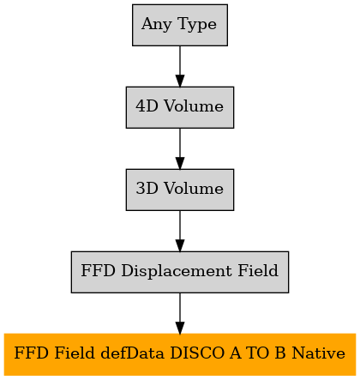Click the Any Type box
pyautogui.click(x=180, y=25)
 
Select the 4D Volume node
pyautogui.click(x=180, y=107)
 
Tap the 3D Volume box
pyautogui.click(x=180, y=190)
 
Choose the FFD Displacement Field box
pyautogui.click(x=180, y=272)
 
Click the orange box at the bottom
pyautogui.click(x=180, y=354)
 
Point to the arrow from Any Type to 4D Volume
pyautogui.click(x=180, y=66)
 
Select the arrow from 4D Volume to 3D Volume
pyautogui.click(x=180, y=148)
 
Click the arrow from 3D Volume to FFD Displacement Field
pyautogui.click(x=180, y=231)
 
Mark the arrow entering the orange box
pyautogui.click(x=180, y=313)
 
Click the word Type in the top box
pyautogui.click(x=197, y=25)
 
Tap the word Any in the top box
pyautogui.click(x=157, y=25)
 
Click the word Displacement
pyautogui.click(x=177, y=271)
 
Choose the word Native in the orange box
pyautogui.click(x=319, y=353)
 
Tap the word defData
pyautogui.click(x=133, y=353)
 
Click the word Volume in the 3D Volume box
pyautogui.click(x=194, y=189)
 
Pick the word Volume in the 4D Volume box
pyautogui.click(x=194, y=106)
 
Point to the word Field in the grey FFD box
pyautogui.click(x=258, y=270)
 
